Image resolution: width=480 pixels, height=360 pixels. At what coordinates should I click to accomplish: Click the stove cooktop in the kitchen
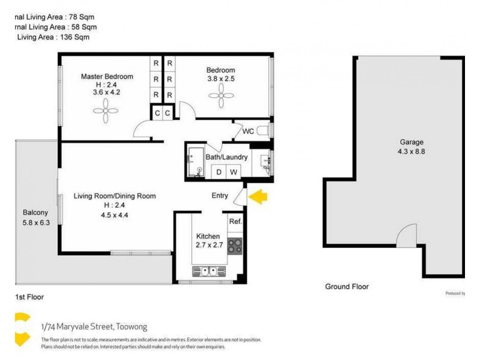tap(235, 245)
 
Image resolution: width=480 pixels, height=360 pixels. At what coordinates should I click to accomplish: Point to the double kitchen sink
tap(208, 271)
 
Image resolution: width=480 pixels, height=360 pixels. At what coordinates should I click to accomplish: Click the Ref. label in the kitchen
tap(235, 222)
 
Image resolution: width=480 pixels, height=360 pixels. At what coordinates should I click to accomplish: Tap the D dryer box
tap(219, 172)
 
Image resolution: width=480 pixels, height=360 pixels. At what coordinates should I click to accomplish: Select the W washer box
tap(233, 172)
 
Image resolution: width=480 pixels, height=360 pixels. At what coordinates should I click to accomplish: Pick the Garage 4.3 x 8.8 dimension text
tap(412, 152)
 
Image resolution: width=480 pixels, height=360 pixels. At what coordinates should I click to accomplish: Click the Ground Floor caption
tap(347, 287)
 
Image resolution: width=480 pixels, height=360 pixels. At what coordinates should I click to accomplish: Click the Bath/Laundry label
tap(227, 157)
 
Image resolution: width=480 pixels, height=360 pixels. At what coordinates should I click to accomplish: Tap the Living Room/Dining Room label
tap(115, 196)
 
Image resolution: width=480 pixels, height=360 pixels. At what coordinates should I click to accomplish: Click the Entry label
tap(220, 196)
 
